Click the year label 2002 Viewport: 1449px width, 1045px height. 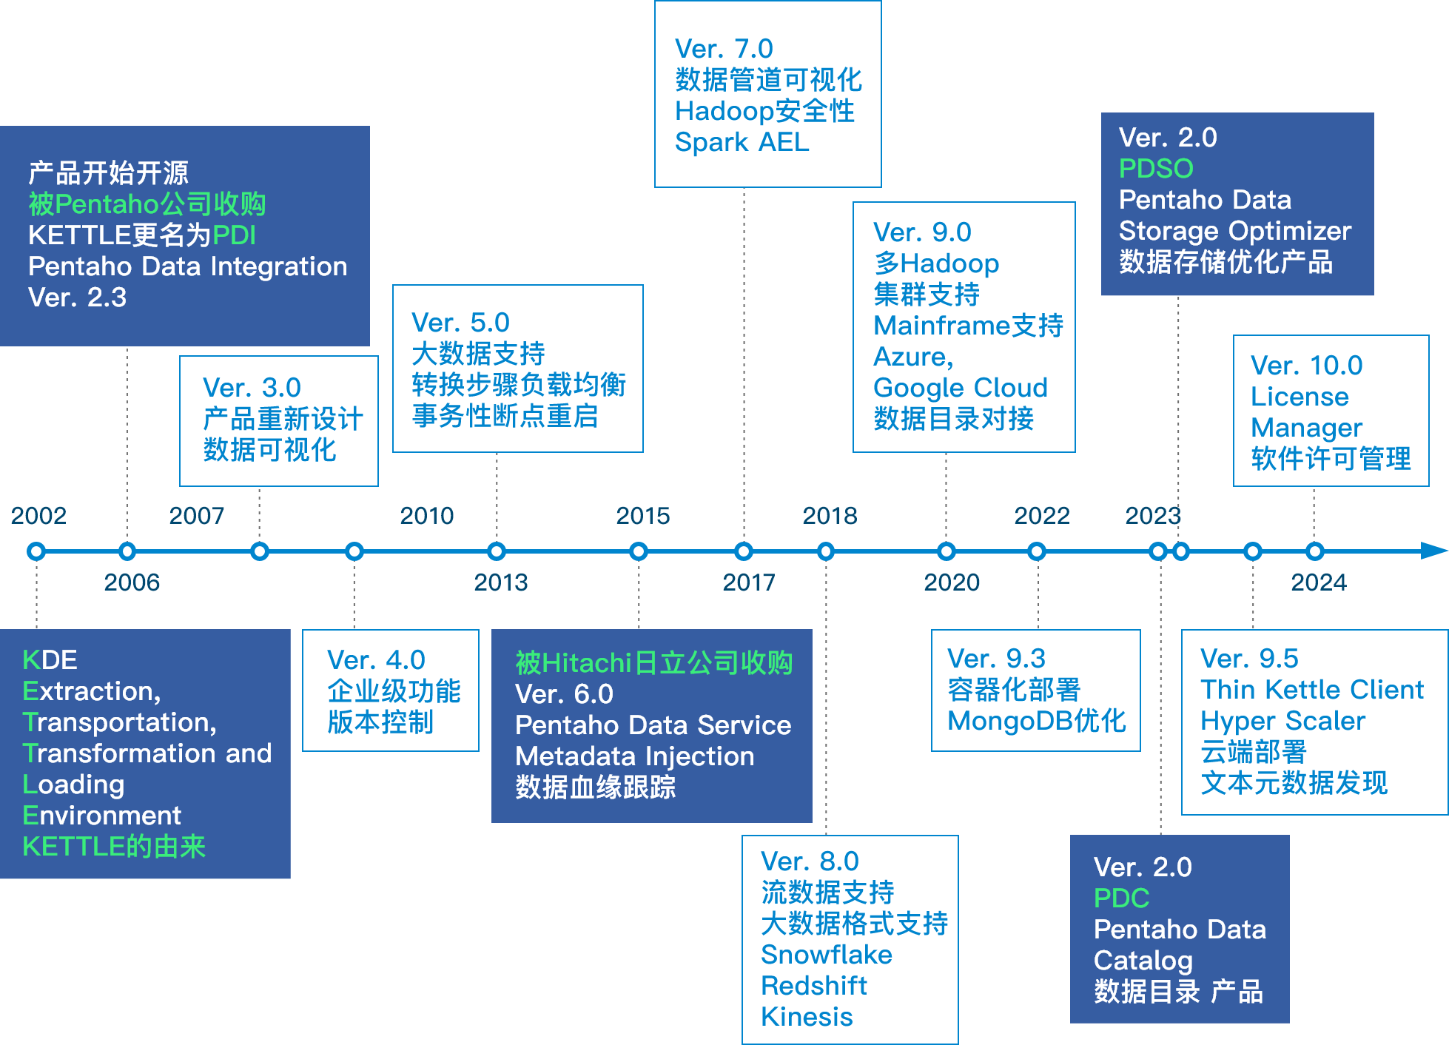38,515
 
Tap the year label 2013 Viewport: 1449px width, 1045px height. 501,582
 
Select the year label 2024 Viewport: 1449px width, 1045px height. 1318,582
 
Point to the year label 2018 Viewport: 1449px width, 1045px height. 830,515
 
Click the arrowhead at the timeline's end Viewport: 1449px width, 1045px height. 1433,551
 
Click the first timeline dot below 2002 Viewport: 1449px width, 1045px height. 36,551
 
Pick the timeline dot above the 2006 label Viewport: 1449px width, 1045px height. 127,551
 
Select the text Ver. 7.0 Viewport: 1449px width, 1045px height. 724,49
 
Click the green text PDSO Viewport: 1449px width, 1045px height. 1156,169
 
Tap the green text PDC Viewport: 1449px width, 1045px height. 1121,898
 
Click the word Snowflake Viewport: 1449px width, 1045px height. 827,955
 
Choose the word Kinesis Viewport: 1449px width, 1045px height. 807,1017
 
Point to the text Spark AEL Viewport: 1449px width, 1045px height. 742,142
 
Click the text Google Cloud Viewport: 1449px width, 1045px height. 961,388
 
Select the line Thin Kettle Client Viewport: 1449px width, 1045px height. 1311,690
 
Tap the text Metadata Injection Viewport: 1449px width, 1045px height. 634,756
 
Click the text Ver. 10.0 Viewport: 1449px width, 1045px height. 1306,366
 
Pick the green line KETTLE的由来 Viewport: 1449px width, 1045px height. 114,847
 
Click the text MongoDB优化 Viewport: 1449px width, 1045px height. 1036,721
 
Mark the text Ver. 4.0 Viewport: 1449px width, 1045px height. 376,660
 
